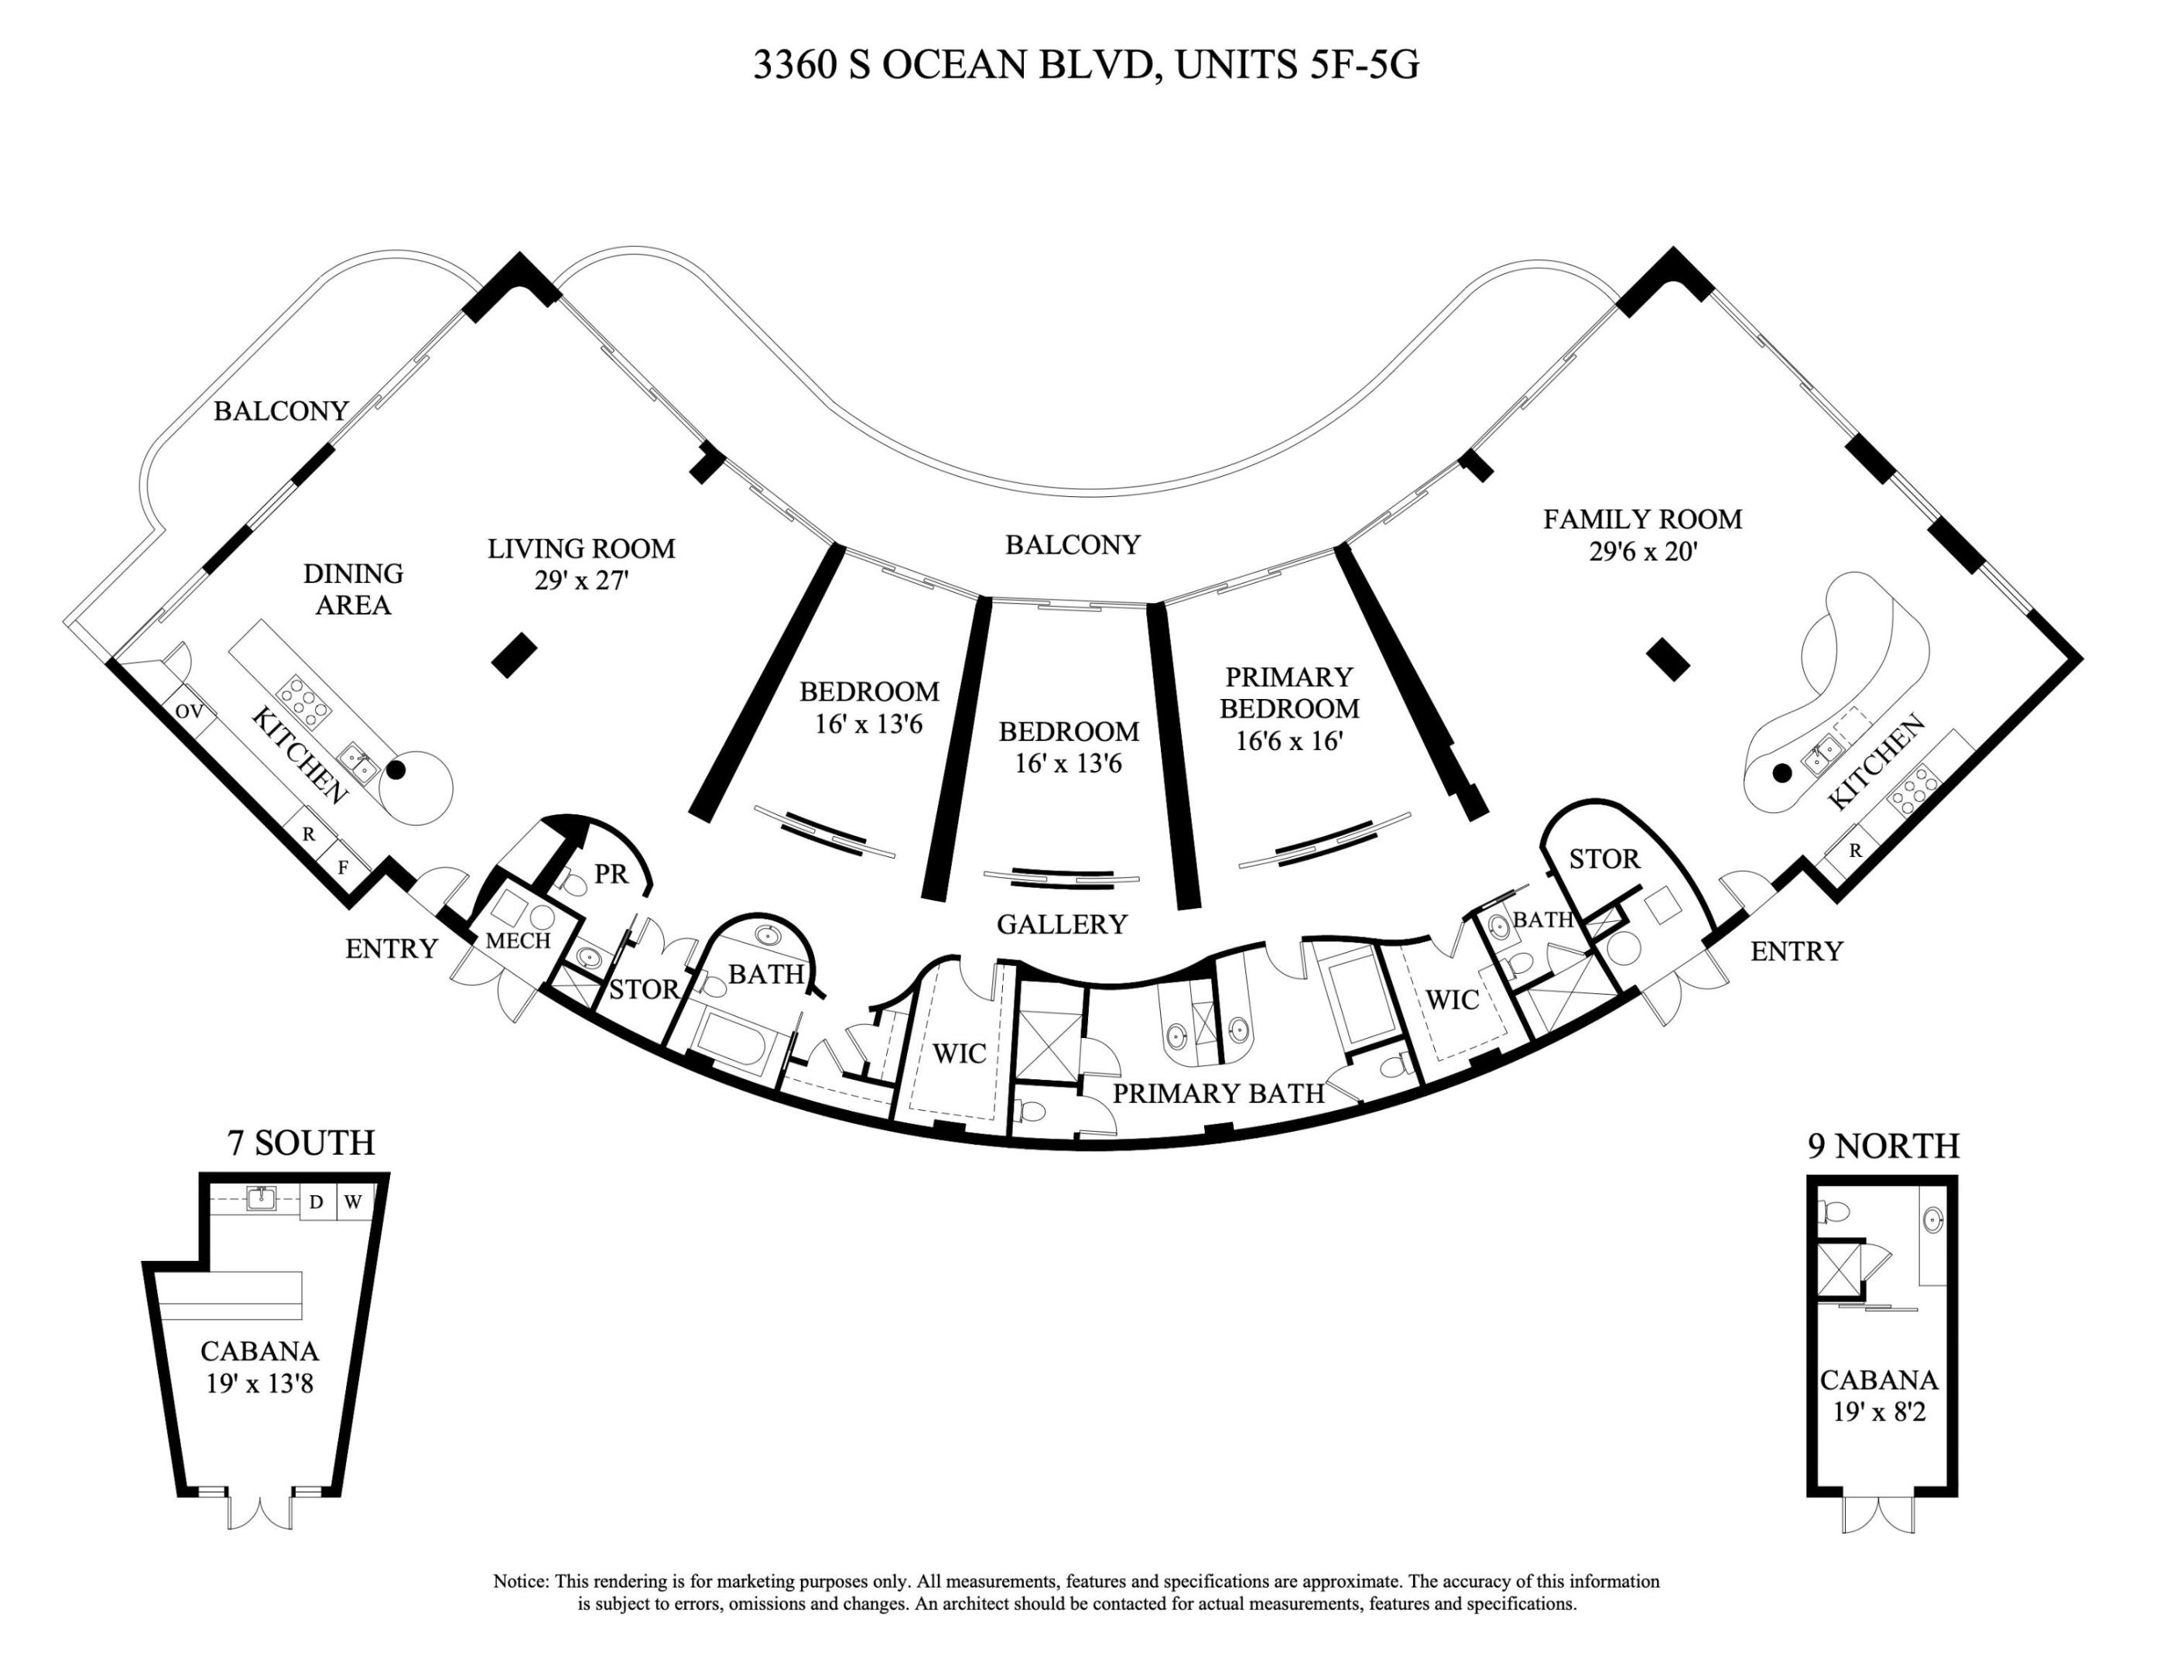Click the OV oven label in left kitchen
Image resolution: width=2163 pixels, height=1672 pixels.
[x=189, y=711]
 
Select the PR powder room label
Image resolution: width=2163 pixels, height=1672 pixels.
[x=611, y=874]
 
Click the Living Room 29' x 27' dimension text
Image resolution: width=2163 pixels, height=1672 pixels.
[x=581, y=581]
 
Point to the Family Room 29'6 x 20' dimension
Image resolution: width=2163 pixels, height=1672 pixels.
[x=1643, y=552]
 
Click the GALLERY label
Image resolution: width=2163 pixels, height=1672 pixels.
[x=1062, y=924]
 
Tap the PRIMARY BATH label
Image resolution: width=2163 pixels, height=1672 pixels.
[x=1218, y=1094]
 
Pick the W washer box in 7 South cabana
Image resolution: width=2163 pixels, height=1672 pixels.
[x=354, y=1202]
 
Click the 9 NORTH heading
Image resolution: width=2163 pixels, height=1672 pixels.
[x=1883, y=1146]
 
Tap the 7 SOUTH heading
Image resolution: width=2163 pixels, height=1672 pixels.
[x=301, y=1143]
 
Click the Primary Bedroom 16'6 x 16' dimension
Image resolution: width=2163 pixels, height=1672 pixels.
[x=1289, y=741]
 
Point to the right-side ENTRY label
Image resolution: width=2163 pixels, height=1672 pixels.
[x=1795, y=952]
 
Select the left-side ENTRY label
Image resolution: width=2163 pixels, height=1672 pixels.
[x=392, y=949]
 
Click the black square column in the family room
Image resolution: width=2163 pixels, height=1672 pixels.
[x=1668, y=660]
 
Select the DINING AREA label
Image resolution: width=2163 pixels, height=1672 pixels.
[x=354, y=589]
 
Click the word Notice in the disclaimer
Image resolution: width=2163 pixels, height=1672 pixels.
[x=521, y=1582]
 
